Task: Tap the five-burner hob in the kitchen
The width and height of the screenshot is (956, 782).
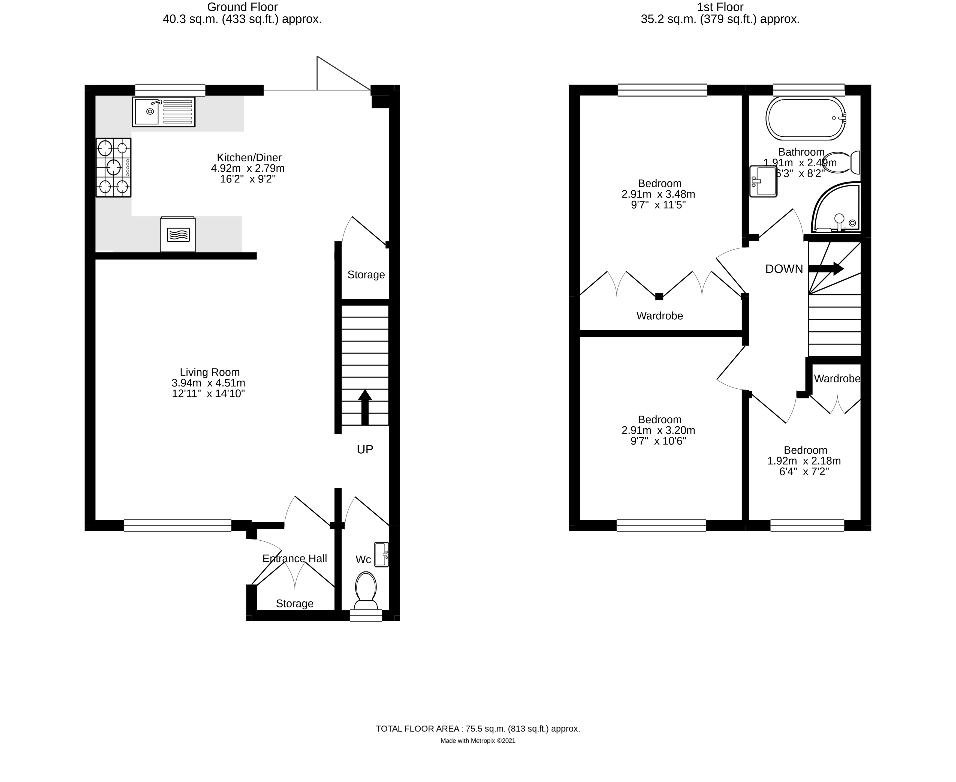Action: pos(113,167)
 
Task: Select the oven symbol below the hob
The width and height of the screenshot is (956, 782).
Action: pos(178,235)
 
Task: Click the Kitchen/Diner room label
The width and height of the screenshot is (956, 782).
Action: pos(249,158)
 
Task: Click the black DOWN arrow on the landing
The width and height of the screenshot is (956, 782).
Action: pos(825,269)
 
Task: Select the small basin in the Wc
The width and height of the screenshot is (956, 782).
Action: pos(381,554)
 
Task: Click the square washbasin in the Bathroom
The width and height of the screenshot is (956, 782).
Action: pos(763,182)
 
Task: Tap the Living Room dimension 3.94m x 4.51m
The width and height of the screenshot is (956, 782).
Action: pos(208,383)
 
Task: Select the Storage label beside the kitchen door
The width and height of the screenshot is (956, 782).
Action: pos(366,275)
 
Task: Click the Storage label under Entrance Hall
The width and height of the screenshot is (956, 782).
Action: pos(294,604)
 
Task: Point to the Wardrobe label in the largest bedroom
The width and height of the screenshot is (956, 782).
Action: pos(659,316)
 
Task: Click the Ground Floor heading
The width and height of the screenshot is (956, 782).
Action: pos(242,7)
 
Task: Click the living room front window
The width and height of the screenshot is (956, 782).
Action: pos(177,525)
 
